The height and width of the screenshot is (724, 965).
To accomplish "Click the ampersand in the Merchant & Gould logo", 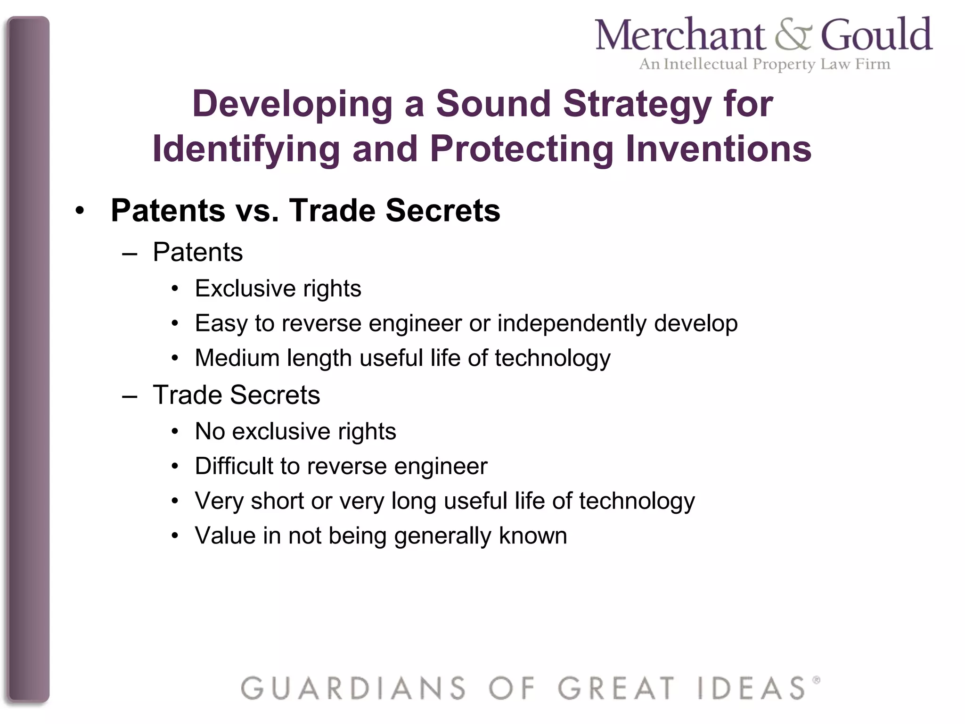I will (x=793, y=35).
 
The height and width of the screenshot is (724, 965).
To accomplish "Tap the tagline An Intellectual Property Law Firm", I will (x=764, y=64).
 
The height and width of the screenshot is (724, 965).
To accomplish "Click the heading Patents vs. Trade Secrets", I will (x=305, y=210).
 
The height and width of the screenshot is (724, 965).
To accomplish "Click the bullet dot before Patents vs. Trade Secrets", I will (x=80, y=211).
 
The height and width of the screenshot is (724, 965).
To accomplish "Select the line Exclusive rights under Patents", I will (x=278, y=288).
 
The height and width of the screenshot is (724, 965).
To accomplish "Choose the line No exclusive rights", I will (x=295, y=431).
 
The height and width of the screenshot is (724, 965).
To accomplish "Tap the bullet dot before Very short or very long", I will (x=175, y=501).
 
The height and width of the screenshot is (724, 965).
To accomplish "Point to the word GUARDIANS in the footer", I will (x=353, y=688).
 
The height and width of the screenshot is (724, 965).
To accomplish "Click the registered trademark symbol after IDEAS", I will (x=816, y=680).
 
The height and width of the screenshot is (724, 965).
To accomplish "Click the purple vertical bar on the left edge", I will (x=28, y=358).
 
